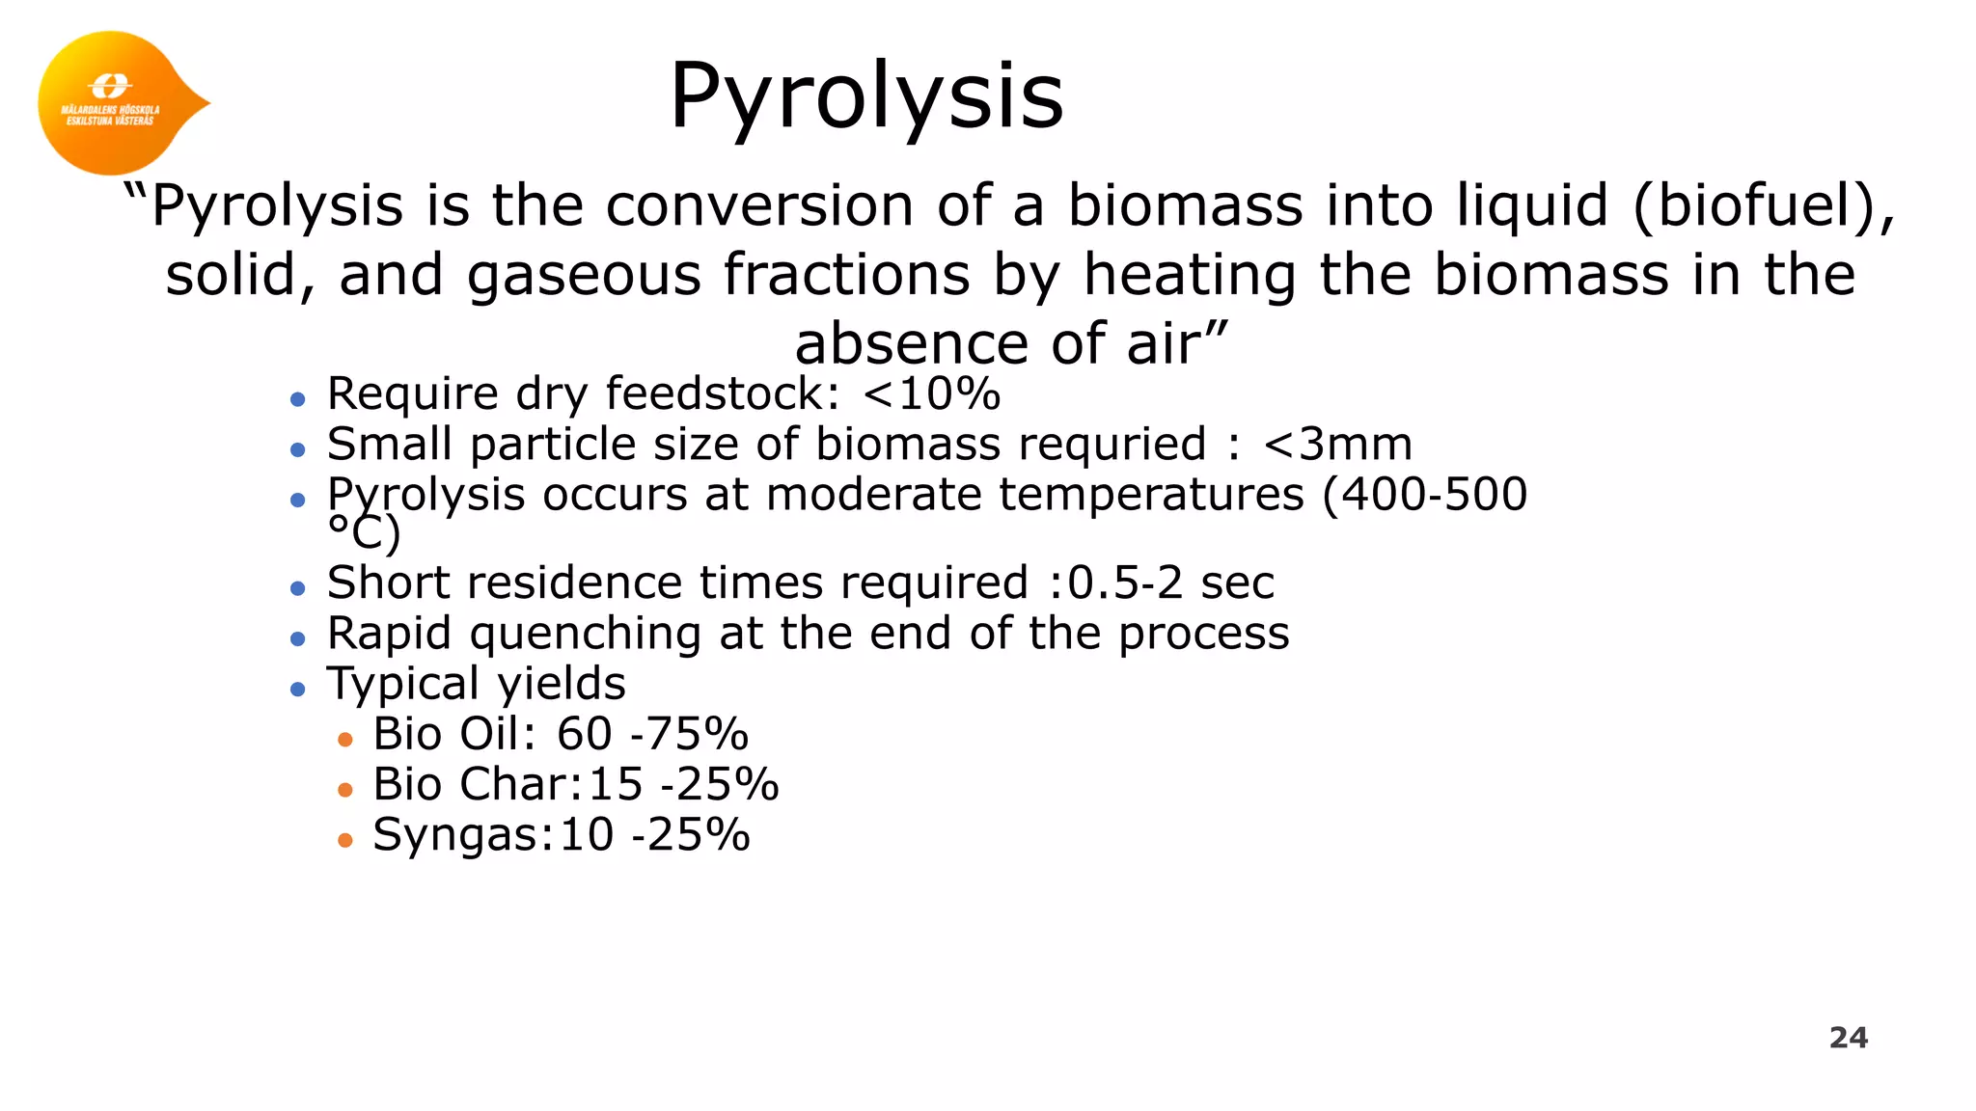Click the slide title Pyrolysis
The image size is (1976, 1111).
tap(865, 96)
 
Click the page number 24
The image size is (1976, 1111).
tap(1848, 1038)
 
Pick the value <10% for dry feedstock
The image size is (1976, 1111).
tap(931, 393)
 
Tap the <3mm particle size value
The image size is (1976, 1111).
tap(1337, 445)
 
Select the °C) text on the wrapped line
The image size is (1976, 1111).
tap(364, 533)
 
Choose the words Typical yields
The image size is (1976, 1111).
tap(476, 684)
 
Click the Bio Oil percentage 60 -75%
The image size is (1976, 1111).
tap(652, 734)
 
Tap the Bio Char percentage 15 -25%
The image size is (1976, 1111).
tap(683, 784)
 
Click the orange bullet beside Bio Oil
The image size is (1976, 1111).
tap(345, 740)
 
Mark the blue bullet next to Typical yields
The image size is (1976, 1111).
tap(298, 690)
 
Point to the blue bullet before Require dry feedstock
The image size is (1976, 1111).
tap(298, 399)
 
